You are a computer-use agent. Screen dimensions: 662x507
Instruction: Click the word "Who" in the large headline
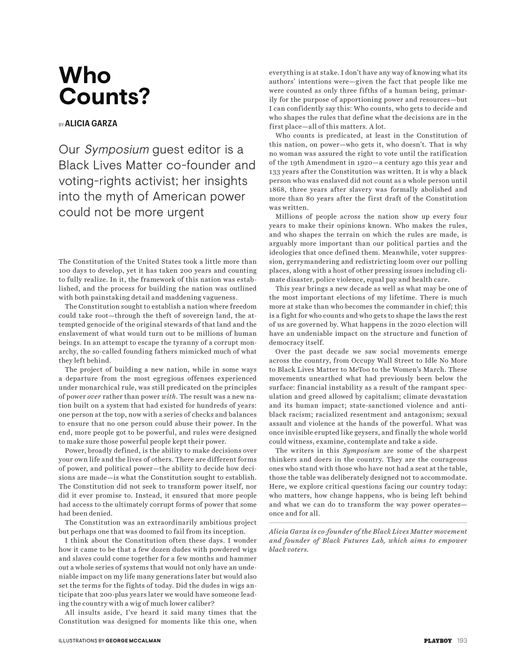click(x=85, y=76)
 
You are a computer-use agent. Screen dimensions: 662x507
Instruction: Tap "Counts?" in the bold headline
click(x=104, y=97)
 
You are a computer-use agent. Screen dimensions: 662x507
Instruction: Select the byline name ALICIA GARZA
click(x=91, y=123)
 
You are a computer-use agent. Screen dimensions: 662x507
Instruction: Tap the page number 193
click(x=462, y=640)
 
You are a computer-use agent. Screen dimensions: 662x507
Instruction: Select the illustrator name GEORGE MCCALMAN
click(x=133, y=640)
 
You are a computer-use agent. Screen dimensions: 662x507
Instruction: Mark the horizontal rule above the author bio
click(x=368, y=523)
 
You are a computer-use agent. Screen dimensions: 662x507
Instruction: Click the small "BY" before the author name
click(x=61, y=124)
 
